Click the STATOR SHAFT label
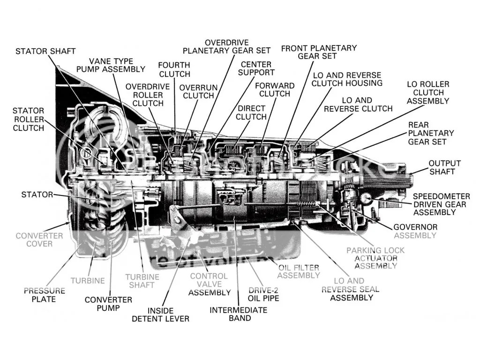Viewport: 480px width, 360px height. [x=45, y=51]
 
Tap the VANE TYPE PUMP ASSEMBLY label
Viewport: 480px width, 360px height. [x=111, y=65]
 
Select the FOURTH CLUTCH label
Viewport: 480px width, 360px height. [x=174, y=69]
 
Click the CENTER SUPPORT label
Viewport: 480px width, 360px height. [x=256, y=68]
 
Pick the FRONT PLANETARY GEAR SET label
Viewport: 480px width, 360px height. [x=319, y=52]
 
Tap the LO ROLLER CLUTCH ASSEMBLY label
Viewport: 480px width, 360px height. [x=427, y=92]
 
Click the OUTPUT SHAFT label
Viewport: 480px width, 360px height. [x=444, y=167]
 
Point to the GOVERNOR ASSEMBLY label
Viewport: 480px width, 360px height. [x=415, y=231]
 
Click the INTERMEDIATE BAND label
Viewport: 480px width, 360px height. [x=238, y=314]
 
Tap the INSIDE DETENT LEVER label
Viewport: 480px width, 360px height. [x=161, y=315]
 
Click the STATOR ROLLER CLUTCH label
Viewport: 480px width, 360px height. [x=28, y=119]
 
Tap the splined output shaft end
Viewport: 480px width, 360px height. [x=396, y=179]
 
